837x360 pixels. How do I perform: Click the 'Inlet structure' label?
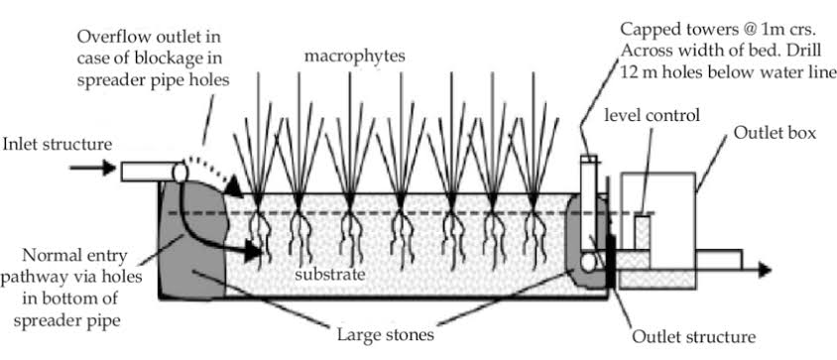[x=58, y=144]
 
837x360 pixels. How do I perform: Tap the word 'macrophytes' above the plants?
[x=354, y=57]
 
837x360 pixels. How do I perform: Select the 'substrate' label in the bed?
[x=330, y=276]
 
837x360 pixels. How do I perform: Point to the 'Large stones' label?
[x=386, y=336]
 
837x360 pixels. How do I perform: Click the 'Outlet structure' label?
[x=694, y=337]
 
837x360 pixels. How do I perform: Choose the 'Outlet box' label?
[x=775, y=133]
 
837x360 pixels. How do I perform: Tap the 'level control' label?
[x=652, y=116]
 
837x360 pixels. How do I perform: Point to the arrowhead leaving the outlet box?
[x=765, y=271]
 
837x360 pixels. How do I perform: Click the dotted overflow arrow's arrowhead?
[x=233, y=188]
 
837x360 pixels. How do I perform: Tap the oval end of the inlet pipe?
[x=179, y=172]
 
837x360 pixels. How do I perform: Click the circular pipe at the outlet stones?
[x=588, y=263]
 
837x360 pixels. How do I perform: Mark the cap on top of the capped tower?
[x=588, y=159]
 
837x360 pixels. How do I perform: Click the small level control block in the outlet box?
[x=643, y=232]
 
